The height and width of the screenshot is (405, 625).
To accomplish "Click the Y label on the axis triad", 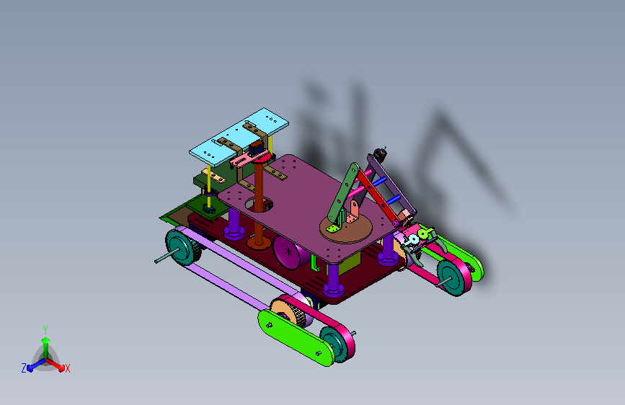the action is pos(45,330).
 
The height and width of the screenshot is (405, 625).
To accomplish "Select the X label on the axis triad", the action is pos(67,368).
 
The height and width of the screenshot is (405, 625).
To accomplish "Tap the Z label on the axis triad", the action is pos(24,368).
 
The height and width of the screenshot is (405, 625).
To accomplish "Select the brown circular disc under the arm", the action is pos(346,228).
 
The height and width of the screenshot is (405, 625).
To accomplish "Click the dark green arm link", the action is pos(343,193).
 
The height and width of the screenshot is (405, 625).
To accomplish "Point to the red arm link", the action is pos(378,196).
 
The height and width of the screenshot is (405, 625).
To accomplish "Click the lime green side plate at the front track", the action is pos(296,338).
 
